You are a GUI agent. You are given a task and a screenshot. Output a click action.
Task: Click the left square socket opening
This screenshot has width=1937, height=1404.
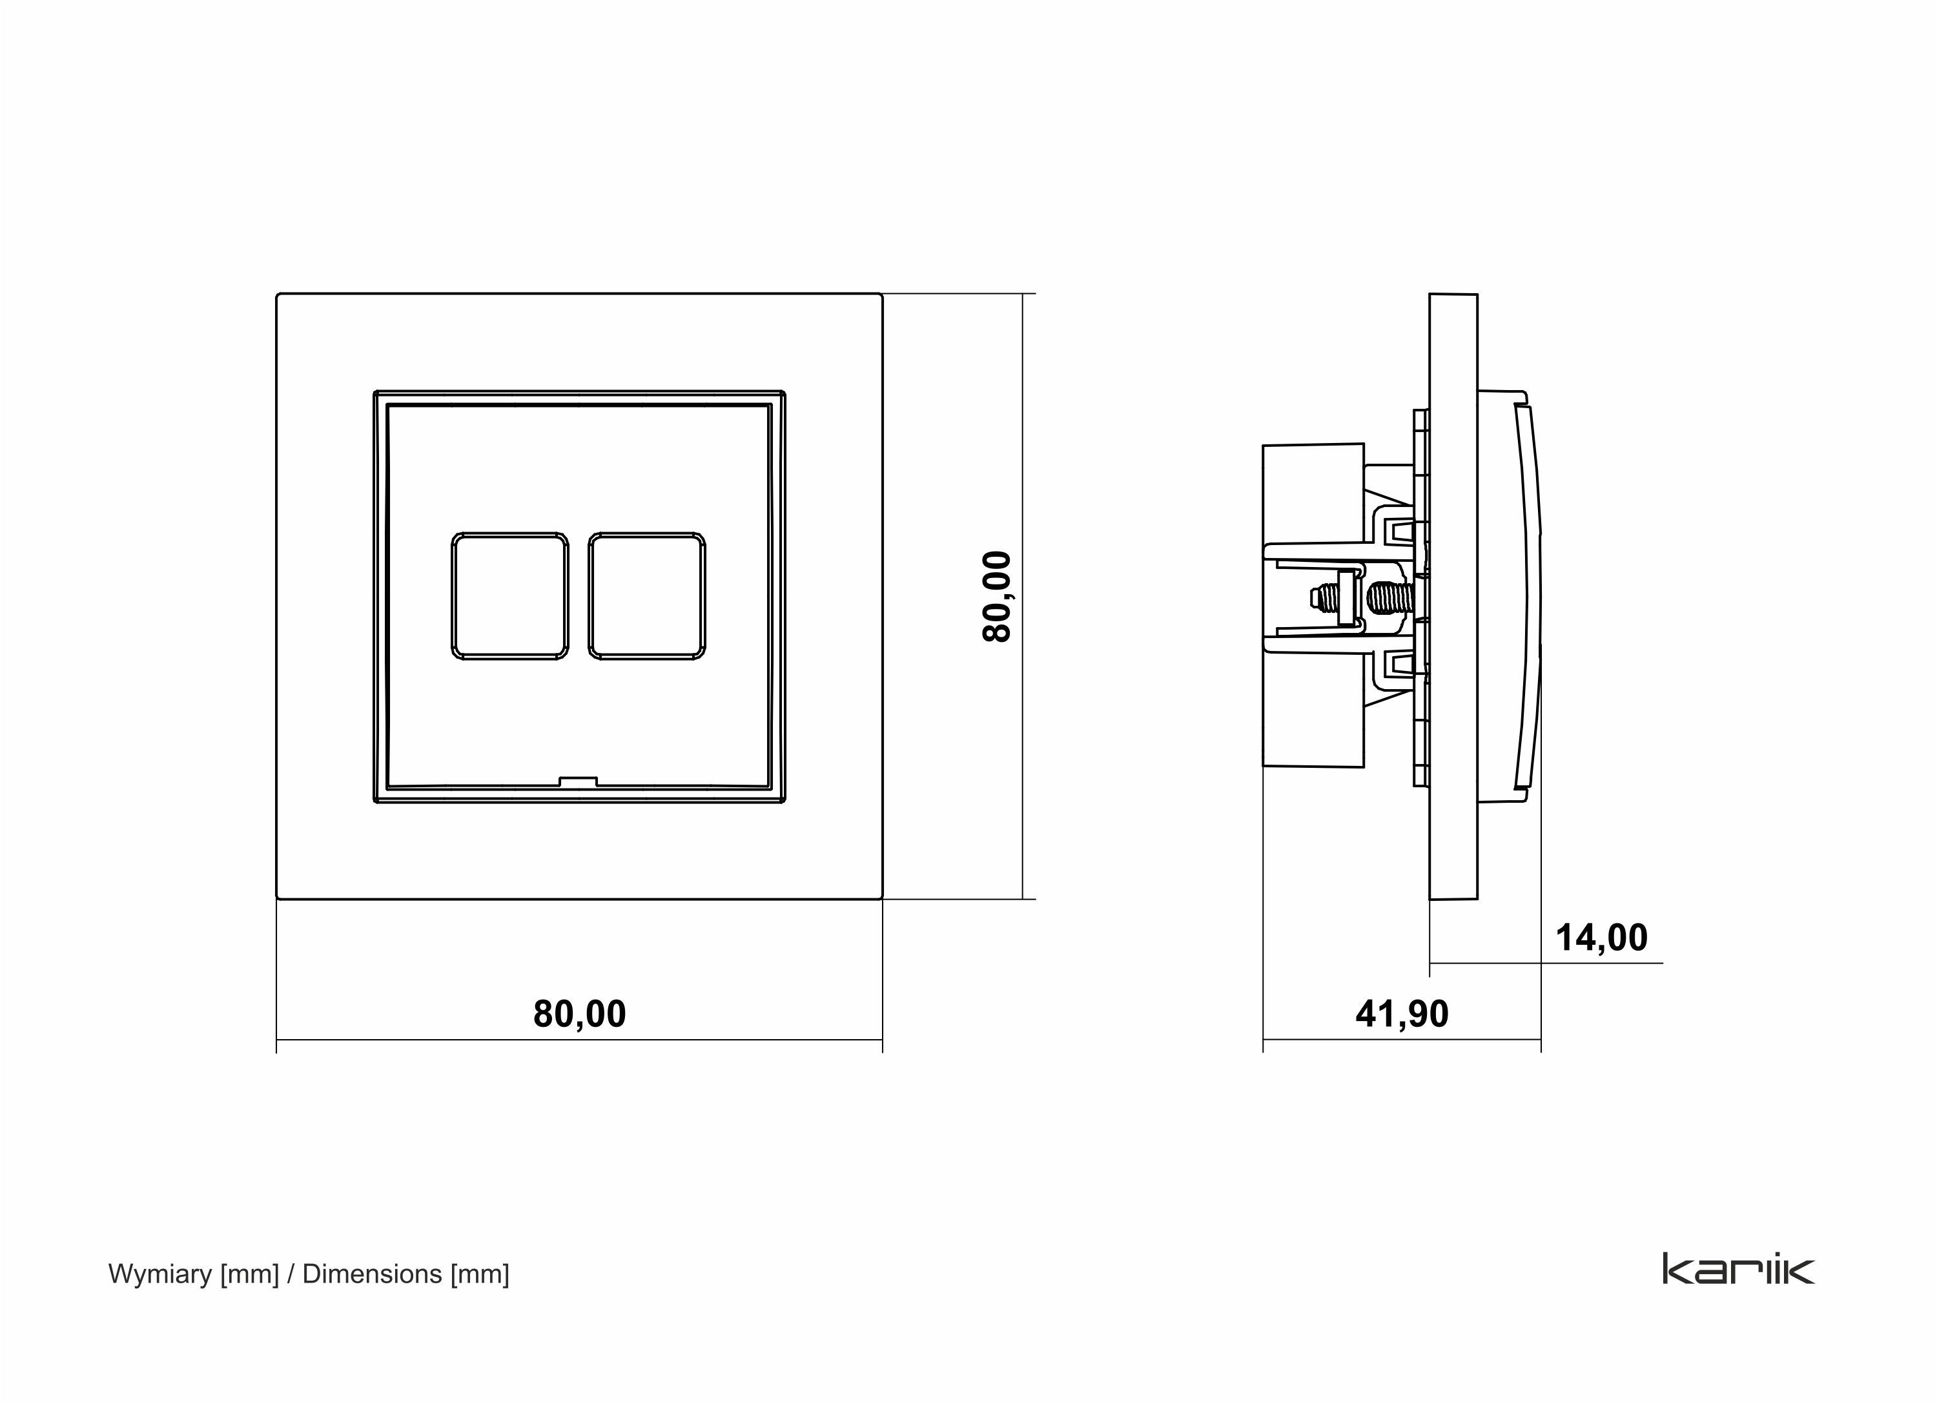click(510, 596)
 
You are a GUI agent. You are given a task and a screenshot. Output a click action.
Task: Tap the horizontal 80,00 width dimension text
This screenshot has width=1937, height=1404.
click(579, 1014)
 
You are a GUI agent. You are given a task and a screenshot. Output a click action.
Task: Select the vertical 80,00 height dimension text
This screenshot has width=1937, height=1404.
click(997, 596)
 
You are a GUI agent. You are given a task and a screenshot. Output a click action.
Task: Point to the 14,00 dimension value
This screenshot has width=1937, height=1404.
click(1601, 938)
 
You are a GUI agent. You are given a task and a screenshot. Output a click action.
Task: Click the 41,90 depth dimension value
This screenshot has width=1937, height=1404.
click(1402, 1014)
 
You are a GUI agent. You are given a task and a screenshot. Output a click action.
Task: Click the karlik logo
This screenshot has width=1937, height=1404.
click(1738, 1269)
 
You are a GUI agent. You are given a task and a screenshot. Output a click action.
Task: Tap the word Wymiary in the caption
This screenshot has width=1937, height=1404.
click(159, 1274)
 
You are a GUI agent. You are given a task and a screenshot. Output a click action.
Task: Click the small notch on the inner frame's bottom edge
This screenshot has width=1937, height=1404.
click(579, 781)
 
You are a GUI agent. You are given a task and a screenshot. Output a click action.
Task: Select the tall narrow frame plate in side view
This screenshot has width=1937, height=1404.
click(1453, 596)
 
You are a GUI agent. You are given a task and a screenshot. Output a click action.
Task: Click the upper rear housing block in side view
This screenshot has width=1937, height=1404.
click(1313, 493)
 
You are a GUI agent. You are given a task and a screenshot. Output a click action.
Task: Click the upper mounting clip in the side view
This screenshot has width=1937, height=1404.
click(1400, 532)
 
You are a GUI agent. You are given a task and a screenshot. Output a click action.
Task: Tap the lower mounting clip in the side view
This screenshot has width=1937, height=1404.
click(1400, 662)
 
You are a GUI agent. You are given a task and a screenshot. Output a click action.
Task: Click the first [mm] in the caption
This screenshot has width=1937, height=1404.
click(249, 1274)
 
